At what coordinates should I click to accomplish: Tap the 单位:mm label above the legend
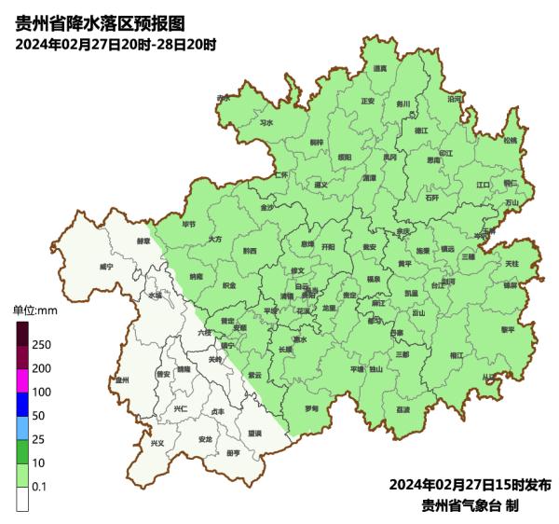(x=34, y=310)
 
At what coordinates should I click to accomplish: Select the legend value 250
(x=42, y=345)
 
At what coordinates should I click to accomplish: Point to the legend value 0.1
(x=40, y=487)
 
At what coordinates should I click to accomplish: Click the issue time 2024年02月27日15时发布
(x=470, y=485)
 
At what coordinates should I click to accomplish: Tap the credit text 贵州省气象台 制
(x=470, y=505)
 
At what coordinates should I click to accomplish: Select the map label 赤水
(x=223, y=98)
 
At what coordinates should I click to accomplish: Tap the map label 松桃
(x=510, y=141)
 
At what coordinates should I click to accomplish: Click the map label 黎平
(x=507, y=329)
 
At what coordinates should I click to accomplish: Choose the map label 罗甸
(x=311, y=408)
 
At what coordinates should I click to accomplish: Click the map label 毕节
(x=189, y=225)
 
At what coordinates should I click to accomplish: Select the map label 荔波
(x=402, y=408)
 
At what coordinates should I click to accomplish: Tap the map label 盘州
(x=121, y=380)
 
